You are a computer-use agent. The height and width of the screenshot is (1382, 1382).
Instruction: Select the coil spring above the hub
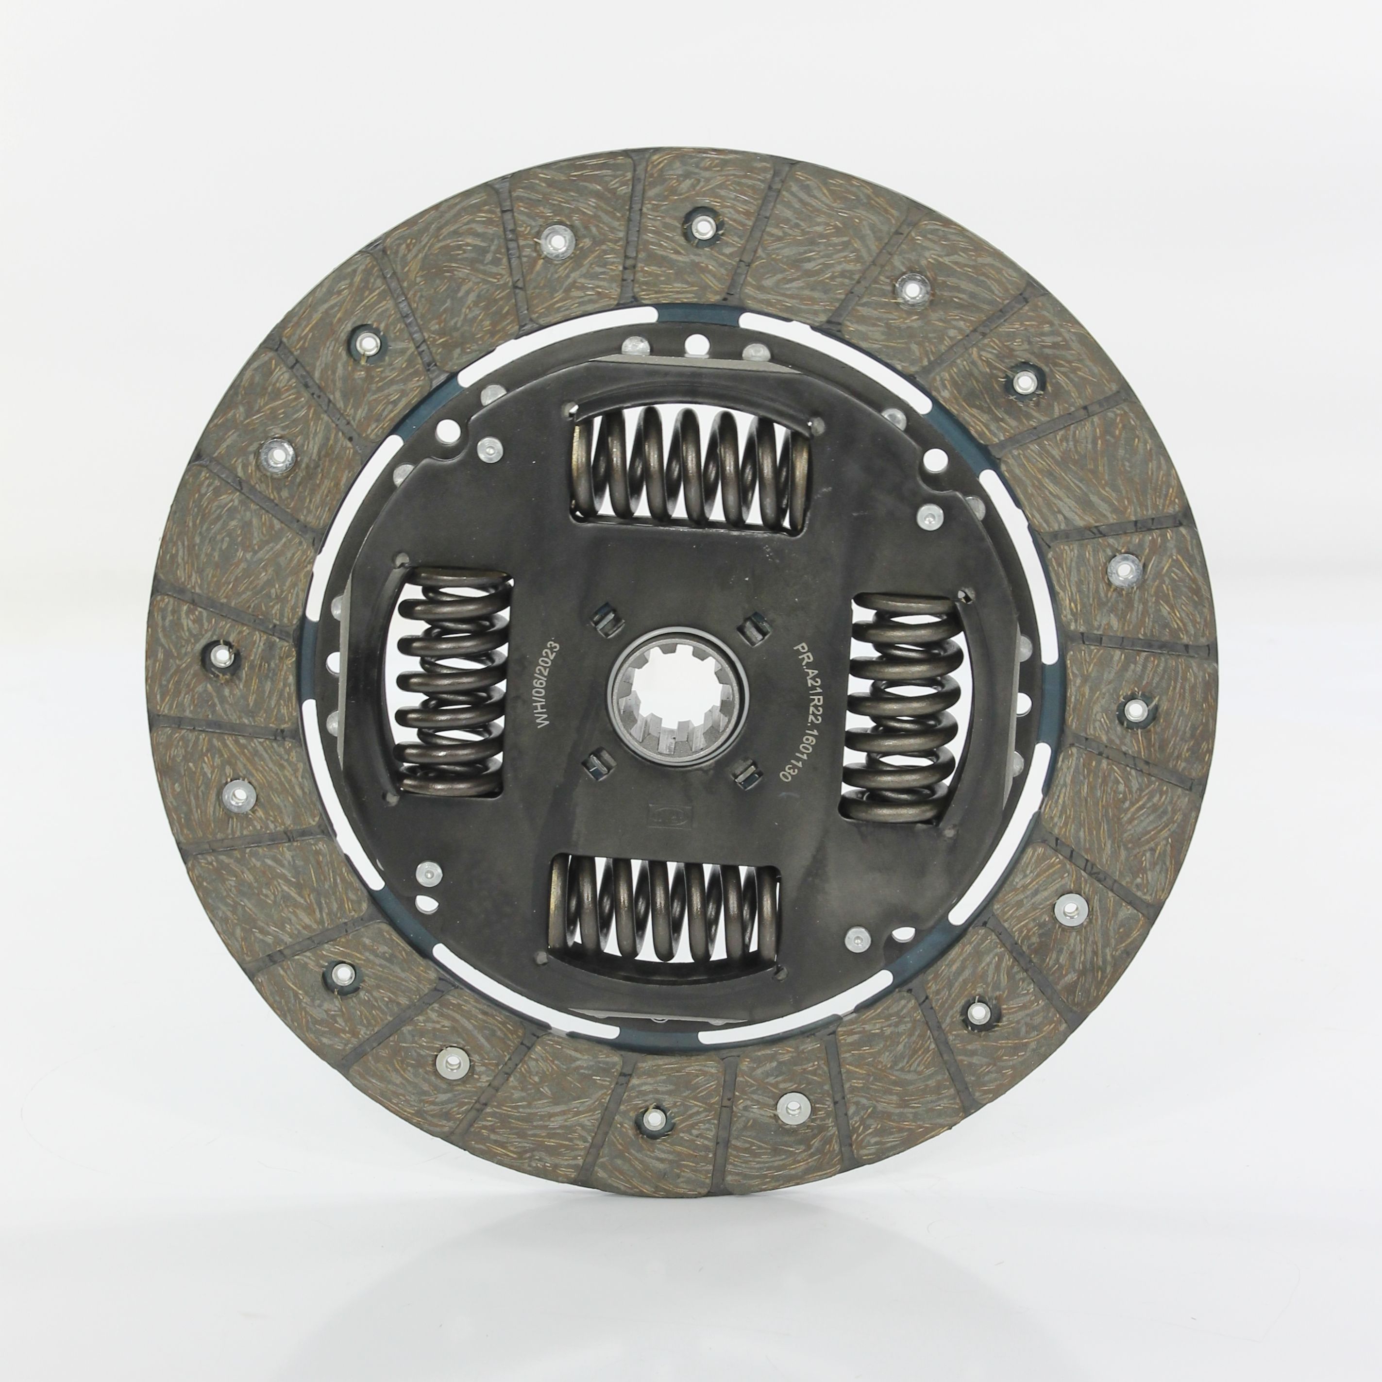pos(691,469)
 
